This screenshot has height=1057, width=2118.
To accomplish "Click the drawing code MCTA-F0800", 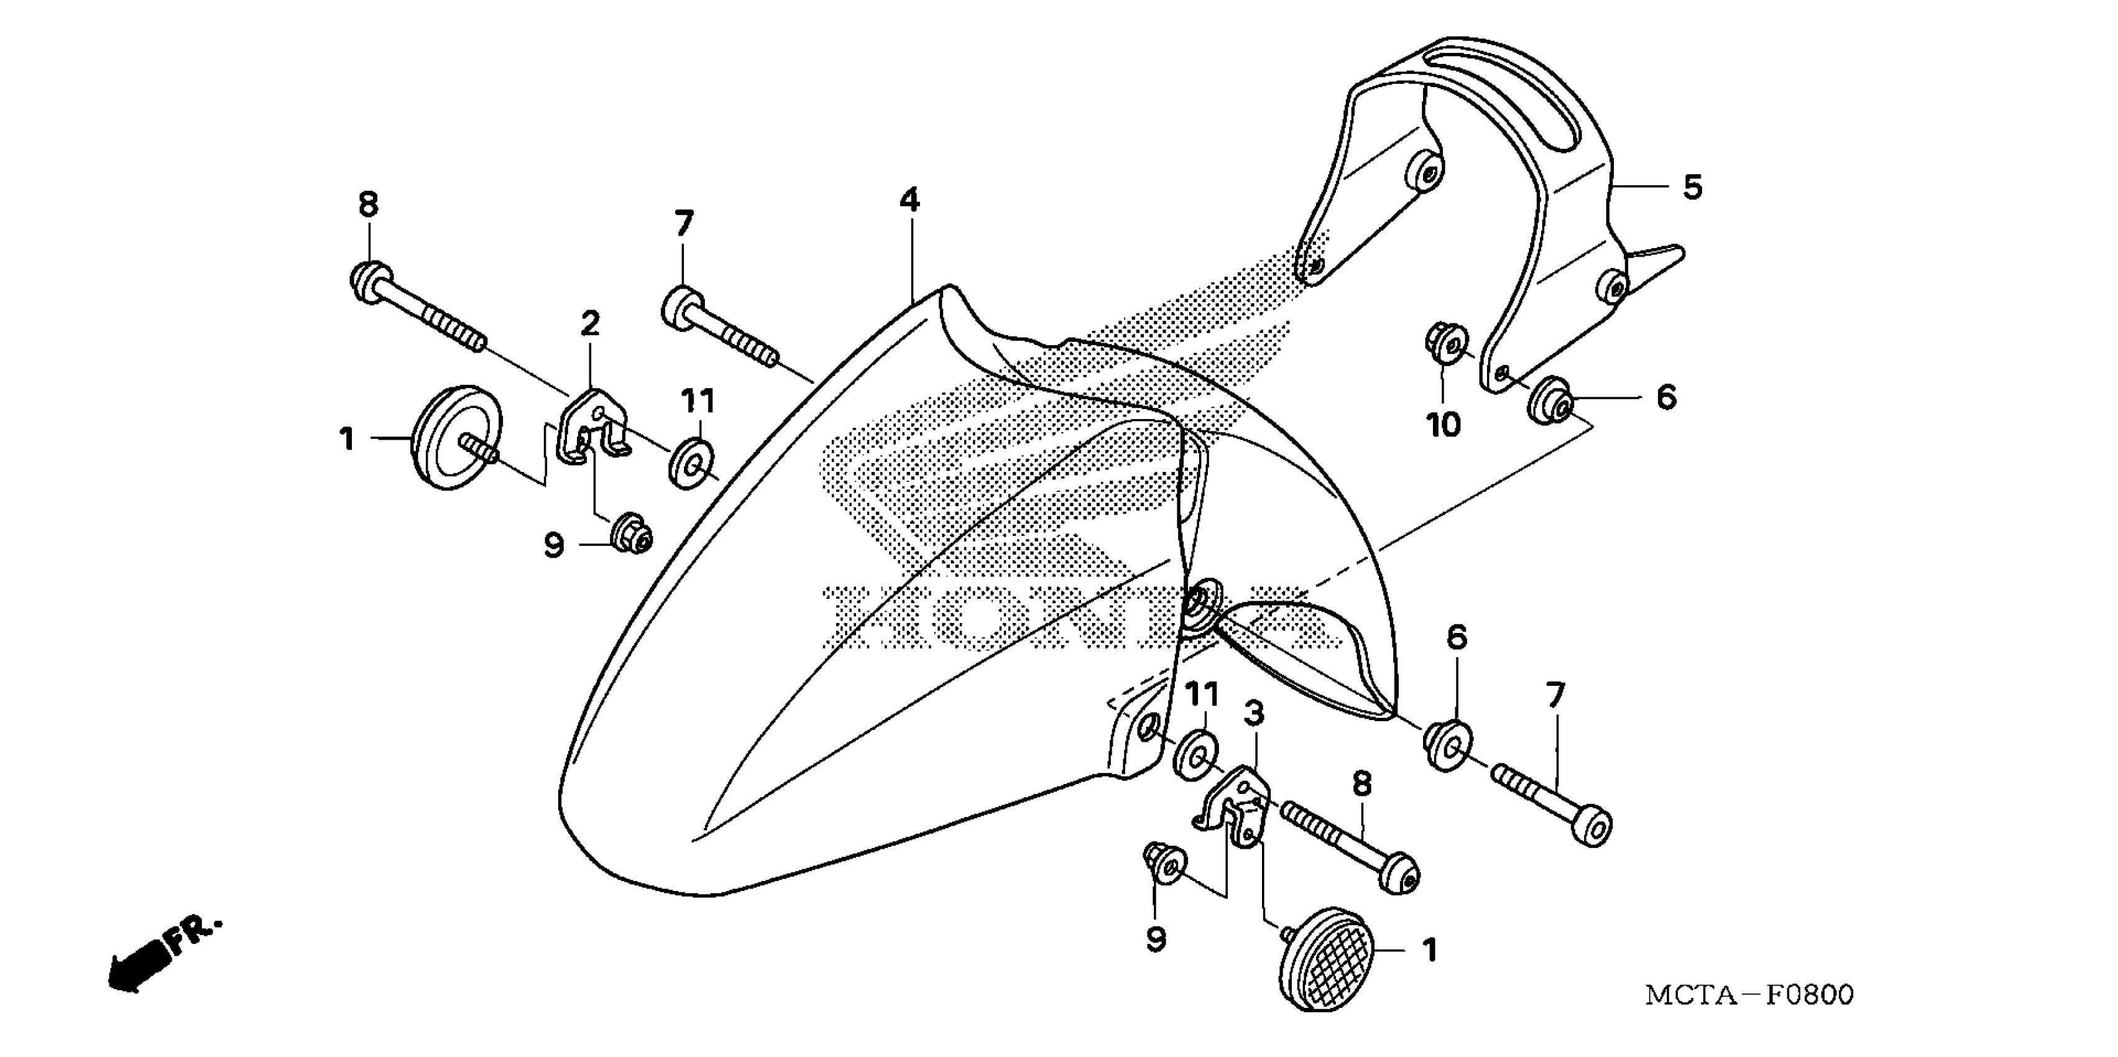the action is pos(1749,995).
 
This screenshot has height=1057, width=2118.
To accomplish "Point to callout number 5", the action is pos(1692,188).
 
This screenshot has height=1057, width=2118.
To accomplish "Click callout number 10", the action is pos(1443,425).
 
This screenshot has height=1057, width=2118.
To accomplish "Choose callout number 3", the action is pos(1253,714).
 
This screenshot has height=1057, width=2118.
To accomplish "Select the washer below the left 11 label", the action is pos(691,463).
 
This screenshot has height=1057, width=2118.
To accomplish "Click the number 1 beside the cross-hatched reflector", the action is pos(1430,950).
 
